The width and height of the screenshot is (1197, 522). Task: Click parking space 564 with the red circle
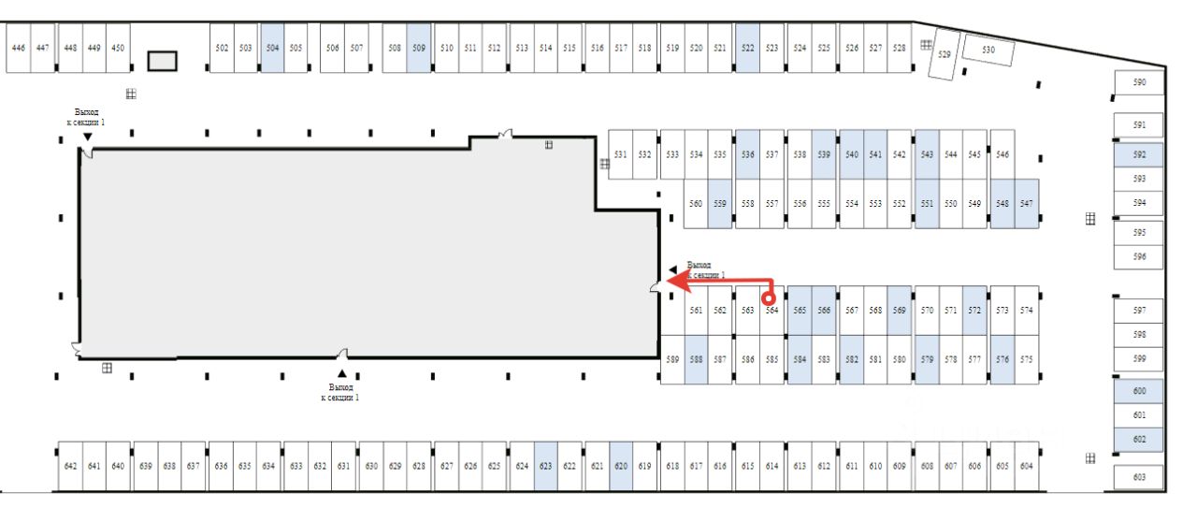pyautogui.click(x=772, y=310)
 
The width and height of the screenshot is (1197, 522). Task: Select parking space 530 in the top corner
pyautogui.click(x=988, y=51)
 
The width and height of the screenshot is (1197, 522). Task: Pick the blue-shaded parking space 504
pyautogui.click(x=272, y=48)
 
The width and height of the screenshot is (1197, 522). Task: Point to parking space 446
pyautogui.click(x=18, y=48)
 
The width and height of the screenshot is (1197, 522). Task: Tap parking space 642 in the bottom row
pyautogui.click(x=70, y=465)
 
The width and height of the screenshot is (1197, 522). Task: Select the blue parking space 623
pyautogui.click(x=545, y=465)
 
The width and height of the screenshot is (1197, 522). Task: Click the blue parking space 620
pyautogui.click(x=619, y=465)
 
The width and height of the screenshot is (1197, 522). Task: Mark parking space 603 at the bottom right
pyautogui.click(x=1139, y=477)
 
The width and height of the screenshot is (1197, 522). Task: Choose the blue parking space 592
pyautogui.click(x=1139, y=154)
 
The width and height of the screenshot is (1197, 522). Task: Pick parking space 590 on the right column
pyautogui.click(x=1139, y=83)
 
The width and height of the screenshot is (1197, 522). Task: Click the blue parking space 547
pyautogui.click(x=1026, y=203)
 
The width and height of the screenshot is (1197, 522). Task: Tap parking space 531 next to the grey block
pyautogui.click(x=620, y=155)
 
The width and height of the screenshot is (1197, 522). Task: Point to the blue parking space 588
pyautogui.click(x=696, y=359)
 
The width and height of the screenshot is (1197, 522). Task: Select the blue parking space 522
pyautogui.click(x=747, y=48)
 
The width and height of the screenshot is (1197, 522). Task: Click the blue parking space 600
pyautogui.click(x=1139, y=392)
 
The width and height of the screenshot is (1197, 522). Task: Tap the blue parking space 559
pyautogui.click(x=719, y=203)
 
